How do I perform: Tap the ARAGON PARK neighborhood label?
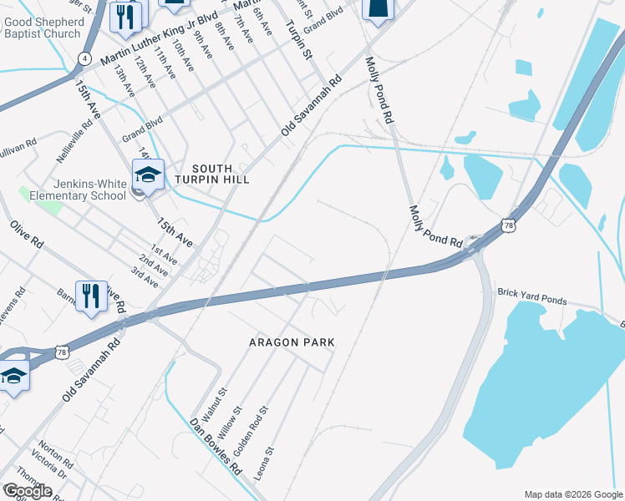click(292, 342)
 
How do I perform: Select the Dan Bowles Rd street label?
click(215, 448)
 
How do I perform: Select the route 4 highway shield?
click(84, 58)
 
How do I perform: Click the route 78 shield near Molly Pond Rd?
click(508, 225)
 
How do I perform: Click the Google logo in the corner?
click(27, 491)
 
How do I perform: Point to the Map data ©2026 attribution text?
click(572, 494)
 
